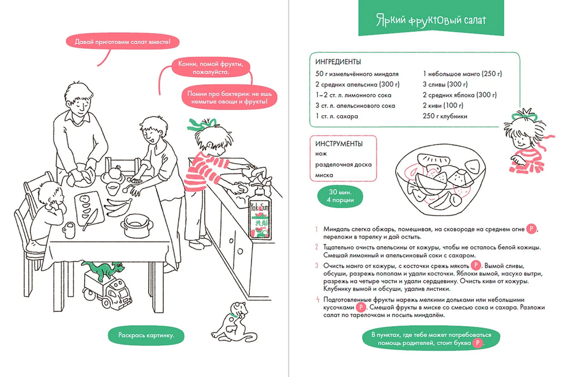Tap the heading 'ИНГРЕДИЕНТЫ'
click(339, 62)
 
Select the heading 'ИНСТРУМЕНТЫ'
click(339, 144)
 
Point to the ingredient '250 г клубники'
click(445, 116)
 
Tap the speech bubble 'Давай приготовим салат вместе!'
click(123, 42)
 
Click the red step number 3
click(317, 265)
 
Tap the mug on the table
click(69, 229)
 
